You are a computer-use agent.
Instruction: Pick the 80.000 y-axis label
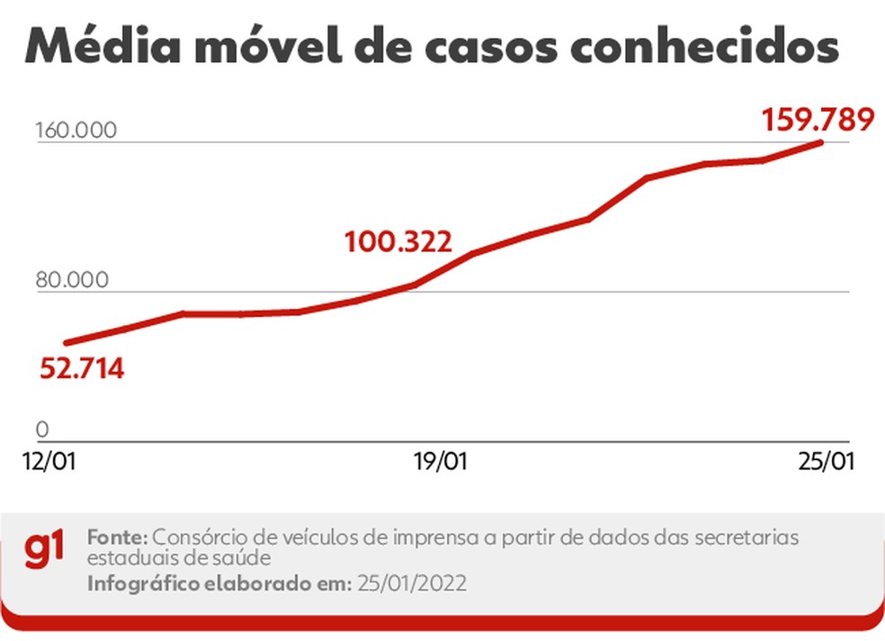[x=72, y=280]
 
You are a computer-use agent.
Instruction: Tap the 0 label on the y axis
[x=41, y=429]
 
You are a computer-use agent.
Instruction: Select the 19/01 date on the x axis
[x=440, y=462]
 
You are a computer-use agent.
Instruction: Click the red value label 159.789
[x=818, y=119]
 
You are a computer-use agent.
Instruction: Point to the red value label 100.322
[x=397, y=241]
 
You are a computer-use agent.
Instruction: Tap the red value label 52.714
[x=81, y=369]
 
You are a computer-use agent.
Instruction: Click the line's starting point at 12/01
[x=66, y=343]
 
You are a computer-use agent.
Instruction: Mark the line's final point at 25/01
[x=821, y=142]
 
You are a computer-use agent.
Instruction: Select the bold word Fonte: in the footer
[x=118, y=537]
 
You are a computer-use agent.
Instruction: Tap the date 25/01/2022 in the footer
[x=411, y=583]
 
